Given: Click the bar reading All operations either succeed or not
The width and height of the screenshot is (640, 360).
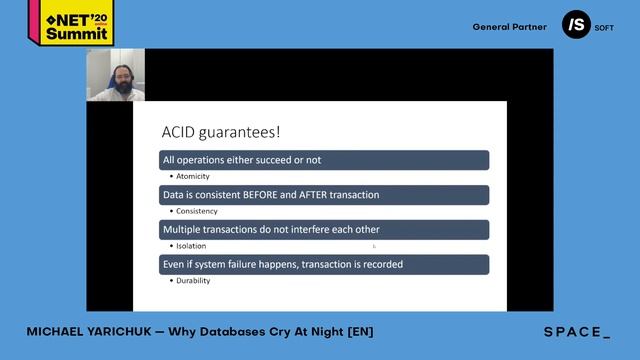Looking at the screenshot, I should tap(325, 160).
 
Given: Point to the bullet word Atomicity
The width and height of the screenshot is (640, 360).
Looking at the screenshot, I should tap(193, 176).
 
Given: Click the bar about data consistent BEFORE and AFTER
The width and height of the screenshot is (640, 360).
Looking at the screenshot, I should tap(325, 195).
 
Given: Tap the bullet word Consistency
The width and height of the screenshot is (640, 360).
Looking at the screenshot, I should tap(196, 211).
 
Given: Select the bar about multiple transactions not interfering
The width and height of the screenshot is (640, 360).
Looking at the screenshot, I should tap(325, 230).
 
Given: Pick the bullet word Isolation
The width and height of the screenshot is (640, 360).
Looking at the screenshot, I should tap(191, 246).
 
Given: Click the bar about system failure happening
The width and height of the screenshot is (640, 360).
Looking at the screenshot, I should tap(325, 265).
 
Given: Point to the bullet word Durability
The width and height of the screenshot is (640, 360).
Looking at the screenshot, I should tap(193, 281).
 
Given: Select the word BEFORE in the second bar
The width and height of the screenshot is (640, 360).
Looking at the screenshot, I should tap(261, 195).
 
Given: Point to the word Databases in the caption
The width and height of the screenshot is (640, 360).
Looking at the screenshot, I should tap(252, 332).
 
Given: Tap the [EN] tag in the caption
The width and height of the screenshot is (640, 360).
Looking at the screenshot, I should tap(360, 332).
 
